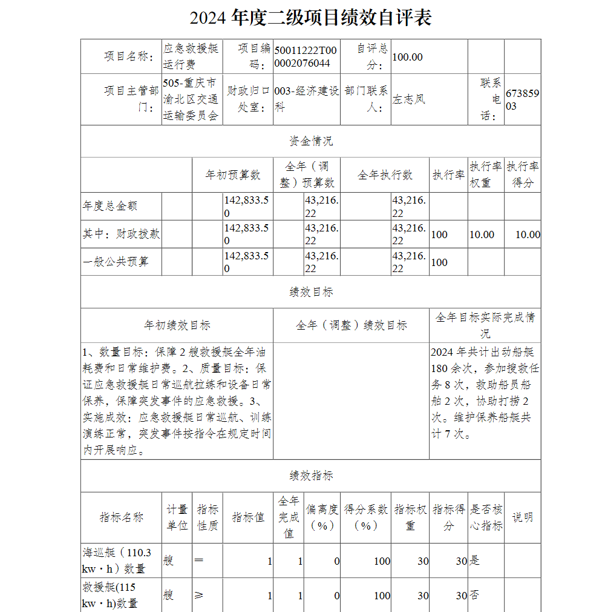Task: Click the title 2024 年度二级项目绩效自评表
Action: click(x=310, y=18)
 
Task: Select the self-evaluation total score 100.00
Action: click(x=408, y=57)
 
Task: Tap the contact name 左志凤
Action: click(x=410, y=99)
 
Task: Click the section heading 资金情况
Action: click(x=310, y=141)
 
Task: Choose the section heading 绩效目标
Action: click(x=310, y=292)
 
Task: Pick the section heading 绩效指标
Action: click(x=310, y=476)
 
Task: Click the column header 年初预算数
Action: click(x=233, y=175)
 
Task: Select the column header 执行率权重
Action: click(x=486, y=175)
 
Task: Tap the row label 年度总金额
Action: click(x=110, y=206)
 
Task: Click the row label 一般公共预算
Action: click(x=116, y=262)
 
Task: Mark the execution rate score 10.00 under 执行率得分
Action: click(x=528, y=234)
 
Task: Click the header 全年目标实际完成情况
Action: click(x=485, y=325)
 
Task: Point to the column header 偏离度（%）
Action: click(x=322, y=517)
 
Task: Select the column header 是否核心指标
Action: click(x=486, y=517)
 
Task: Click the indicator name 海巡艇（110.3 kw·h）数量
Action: click(x=118, y=560)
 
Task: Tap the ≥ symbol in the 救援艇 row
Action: click(x=198, y=596)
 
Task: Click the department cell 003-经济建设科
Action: click(x=306, y=99)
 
